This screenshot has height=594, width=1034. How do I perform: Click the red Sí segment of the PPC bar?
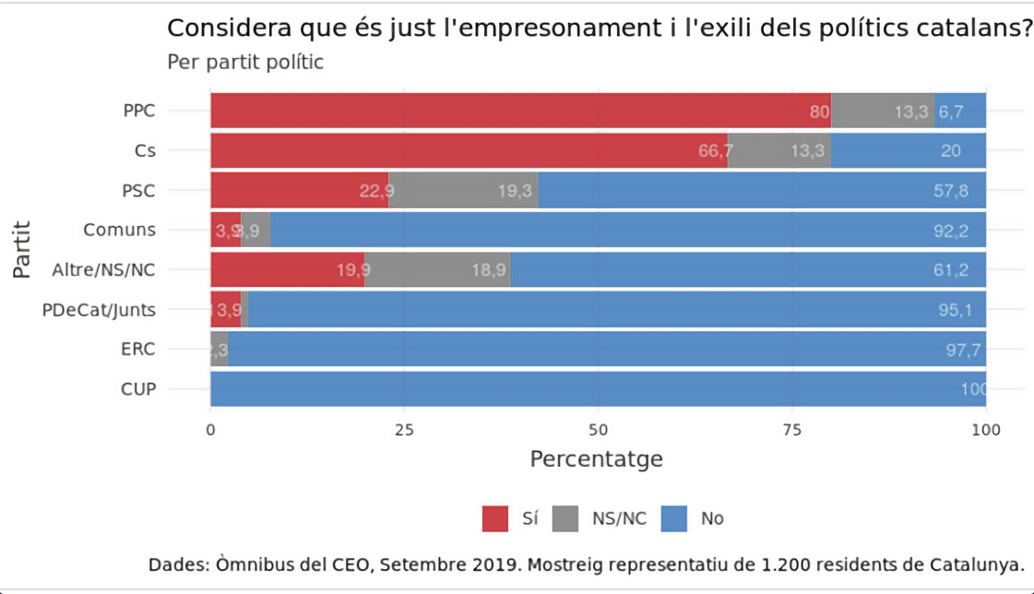point(517,111)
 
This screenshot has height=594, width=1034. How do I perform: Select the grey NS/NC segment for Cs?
point(779,150)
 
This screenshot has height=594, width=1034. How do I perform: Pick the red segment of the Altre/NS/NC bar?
point(287,269)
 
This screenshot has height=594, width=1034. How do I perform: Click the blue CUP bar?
point(598,389)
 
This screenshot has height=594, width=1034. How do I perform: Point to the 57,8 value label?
point(950,191)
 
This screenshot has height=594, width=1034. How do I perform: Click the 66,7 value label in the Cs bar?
point(716,151)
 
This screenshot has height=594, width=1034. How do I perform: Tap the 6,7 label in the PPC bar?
point(950,112)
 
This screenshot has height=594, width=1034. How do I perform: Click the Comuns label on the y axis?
point(119,230)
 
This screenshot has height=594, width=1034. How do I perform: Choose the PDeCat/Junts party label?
point(99,310)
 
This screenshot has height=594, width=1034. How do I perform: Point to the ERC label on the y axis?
point(138,350)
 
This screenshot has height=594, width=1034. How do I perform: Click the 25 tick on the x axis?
point(404,429)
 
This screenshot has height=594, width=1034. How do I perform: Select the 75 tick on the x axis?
point(792,429)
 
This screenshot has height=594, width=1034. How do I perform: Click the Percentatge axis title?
point(596,458)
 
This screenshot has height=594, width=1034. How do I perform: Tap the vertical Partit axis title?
point(24,249)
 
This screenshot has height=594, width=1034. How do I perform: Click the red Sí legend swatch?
point(495,518)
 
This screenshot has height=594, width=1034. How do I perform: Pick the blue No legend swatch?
point(674,518)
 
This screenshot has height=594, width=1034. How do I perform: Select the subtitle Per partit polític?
point(245,64)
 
